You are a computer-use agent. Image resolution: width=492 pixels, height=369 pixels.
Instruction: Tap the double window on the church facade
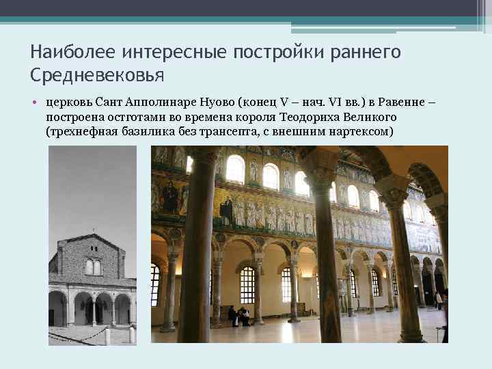pyautogui.click(x=93, y=266)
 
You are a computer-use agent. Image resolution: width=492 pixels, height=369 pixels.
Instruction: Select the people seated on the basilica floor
pyautogui.click(x=238, y=316)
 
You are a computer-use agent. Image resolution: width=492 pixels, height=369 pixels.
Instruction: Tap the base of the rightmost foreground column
pyautogui.click(x=411, y=334)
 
